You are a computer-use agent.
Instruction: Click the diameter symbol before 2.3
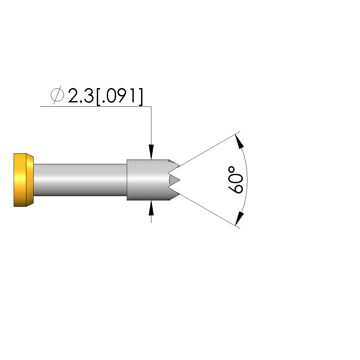coord(57,95)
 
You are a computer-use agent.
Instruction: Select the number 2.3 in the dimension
coord(81,95)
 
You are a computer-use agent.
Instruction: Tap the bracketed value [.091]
coord(119,96)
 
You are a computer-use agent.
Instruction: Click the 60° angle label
coord(235,180)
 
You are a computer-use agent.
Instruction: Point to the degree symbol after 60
coord(232,170)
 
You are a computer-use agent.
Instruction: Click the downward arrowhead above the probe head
coord(151,152)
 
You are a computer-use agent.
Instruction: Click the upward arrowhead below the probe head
coord(151,208)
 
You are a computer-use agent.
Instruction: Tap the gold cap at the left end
coord(23,180)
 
